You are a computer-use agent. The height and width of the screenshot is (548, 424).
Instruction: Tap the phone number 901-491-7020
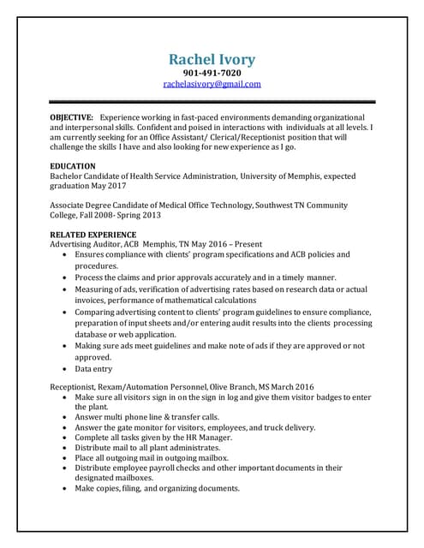(x=212, y=74)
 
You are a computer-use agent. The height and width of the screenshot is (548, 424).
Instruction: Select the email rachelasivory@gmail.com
(x=212, y=85)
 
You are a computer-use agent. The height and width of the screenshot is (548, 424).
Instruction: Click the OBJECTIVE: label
(x=72, y=116)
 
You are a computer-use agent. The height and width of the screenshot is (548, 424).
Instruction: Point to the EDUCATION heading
(x=73, y=165)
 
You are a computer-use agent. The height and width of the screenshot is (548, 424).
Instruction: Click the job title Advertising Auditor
(x=84, y=244)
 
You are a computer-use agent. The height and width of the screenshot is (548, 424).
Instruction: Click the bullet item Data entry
(x=93, y=369)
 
